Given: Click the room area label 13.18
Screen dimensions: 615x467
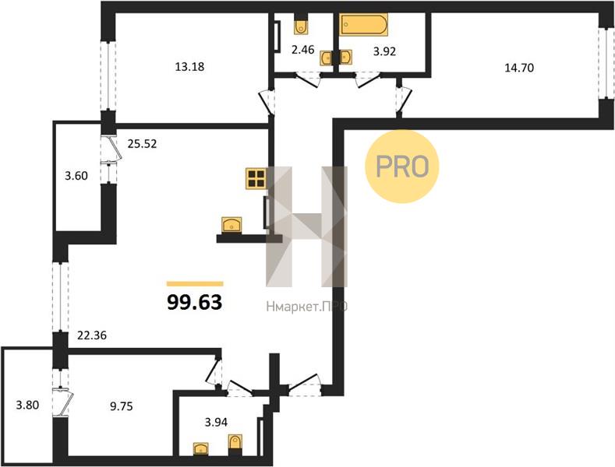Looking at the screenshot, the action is point(189,67).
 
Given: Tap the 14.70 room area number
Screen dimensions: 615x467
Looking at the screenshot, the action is point(519,68).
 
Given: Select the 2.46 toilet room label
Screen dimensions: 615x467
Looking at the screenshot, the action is point(302,50).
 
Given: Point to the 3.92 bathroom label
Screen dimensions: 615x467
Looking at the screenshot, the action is point(384,51).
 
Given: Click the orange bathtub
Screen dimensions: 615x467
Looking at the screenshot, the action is point(363,25).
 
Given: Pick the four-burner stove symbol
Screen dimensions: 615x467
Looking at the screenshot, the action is point(256,178).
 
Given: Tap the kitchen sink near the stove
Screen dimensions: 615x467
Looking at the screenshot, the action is point(232,225).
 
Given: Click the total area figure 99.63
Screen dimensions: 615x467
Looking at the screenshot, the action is point(195,302).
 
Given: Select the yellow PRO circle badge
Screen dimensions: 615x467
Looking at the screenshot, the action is point(402,166).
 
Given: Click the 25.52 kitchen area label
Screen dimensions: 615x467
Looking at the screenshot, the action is point(142,144).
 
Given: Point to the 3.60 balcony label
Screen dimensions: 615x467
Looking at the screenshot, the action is point(76,176).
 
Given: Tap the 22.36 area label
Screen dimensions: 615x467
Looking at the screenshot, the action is point(92,335).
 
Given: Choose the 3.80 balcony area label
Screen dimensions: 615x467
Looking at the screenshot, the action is point(27,405).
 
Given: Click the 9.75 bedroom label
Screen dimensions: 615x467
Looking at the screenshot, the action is point(122,406).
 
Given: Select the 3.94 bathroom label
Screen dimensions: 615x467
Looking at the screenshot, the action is point(216,422).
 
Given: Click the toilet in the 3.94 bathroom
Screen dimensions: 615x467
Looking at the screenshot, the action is point(235,444).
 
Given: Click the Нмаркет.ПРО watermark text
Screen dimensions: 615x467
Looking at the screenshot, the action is point(306,307).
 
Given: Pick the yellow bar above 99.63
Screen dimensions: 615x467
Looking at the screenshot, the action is point(195,284).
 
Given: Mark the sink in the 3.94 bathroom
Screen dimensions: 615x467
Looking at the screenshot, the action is point(201,448).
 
